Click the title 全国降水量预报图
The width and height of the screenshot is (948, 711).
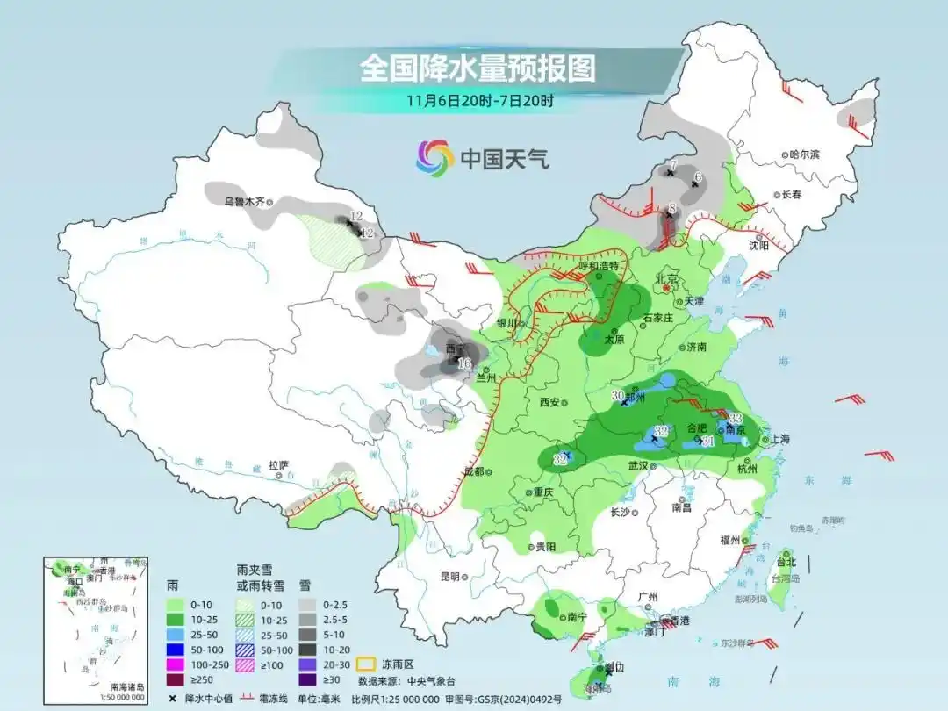tap(477, 68)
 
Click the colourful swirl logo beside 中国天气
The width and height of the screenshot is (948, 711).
tap(434, 158)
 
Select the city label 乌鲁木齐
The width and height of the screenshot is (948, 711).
tap(243, 201)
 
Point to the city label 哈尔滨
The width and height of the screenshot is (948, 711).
tap(804, 154)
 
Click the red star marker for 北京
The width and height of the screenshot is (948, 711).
tap(667, 287)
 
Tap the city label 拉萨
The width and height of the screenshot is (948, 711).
tap(278, 465)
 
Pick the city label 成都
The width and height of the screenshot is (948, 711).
tap(473, 471)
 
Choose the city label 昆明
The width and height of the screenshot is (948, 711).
tap(449, 577)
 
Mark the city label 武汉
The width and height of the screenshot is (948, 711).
tap(637, 466)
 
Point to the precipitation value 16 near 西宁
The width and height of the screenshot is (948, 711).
tap(464, 362)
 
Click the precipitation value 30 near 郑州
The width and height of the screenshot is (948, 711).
tap(617, 396)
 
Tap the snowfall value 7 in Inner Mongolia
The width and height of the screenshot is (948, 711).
tap(671, 165)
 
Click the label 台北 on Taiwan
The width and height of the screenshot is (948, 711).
tap(786, 562)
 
